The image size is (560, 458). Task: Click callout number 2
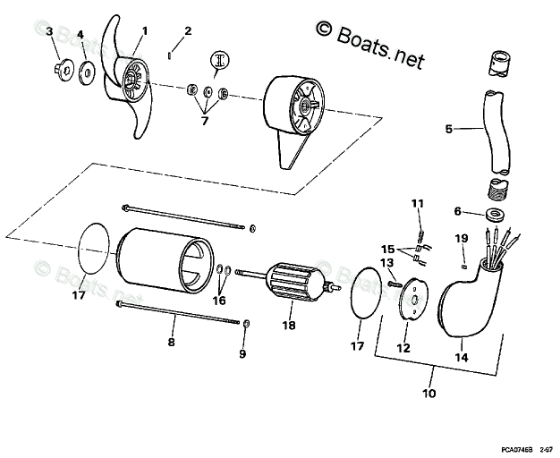[187, 31]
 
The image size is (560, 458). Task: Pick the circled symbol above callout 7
[219, 61]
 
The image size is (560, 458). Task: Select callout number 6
[458, 212]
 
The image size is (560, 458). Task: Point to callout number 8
[172, 342]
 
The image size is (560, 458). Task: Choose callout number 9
[241, 353]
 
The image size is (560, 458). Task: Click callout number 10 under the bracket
[428, 393]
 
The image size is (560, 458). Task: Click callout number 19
[461, 238]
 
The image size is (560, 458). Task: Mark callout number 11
[415, 205]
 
